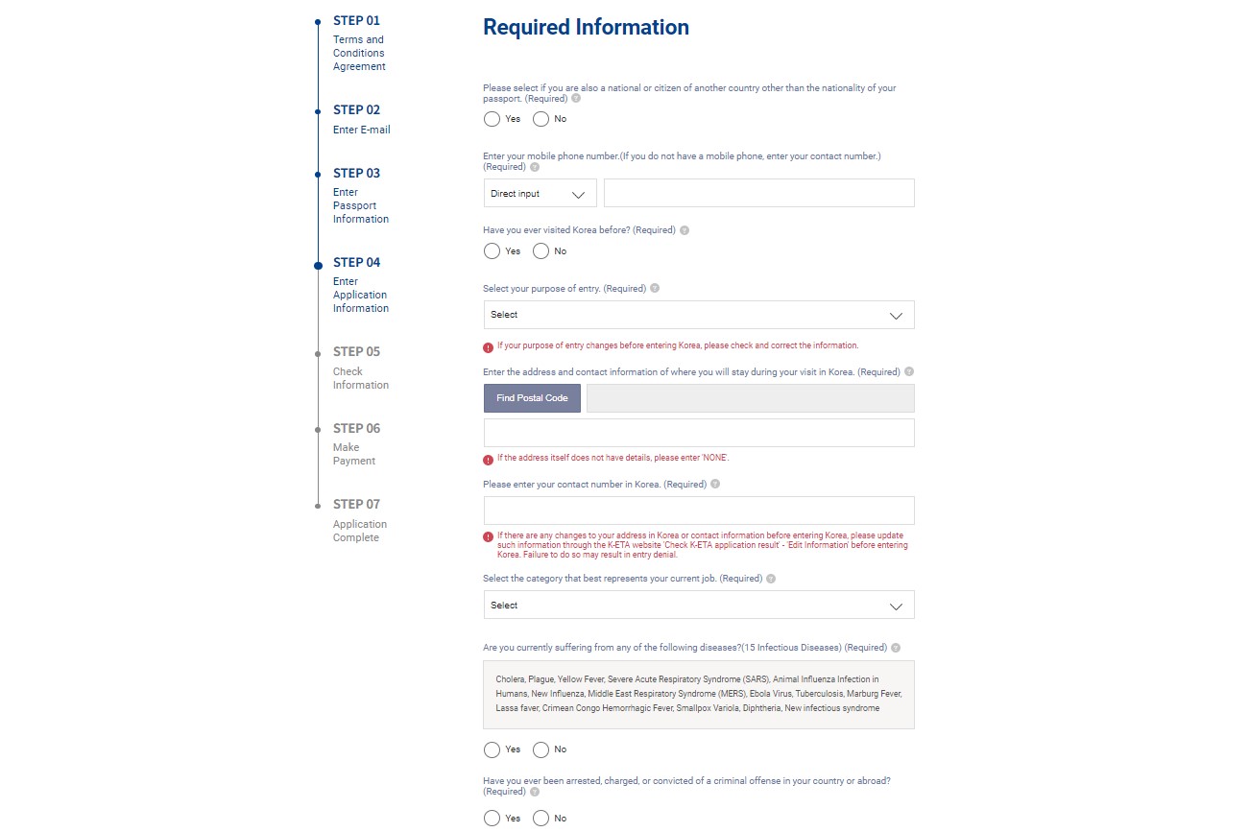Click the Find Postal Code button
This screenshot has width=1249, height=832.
(532, 398)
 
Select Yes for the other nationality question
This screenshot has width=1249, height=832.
(492, 119)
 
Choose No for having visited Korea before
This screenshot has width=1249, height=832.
(540, 251)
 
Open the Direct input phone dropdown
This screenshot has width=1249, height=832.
(540, 193)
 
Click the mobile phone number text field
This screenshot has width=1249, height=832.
(758, 193)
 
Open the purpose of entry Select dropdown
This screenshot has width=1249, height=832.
(698, 315)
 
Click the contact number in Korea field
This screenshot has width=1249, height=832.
(698, 511)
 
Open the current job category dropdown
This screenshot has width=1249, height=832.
(698, 606)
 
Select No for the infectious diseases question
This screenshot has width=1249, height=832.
(540, 749)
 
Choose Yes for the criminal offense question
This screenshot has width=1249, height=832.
(492, 819)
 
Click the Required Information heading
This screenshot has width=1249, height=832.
(586, 27)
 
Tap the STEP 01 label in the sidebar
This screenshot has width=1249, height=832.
(356, 20)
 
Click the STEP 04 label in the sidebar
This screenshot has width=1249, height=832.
(356, 262)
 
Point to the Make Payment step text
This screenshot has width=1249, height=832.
(354, 454)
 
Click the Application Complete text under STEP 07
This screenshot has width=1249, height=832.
(359, 531)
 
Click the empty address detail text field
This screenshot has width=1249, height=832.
(698, 433)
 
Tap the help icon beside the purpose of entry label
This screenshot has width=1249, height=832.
(655, 288)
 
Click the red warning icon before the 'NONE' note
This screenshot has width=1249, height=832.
(489, 459)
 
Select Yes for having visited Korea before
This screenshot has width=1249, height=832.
(492, 251)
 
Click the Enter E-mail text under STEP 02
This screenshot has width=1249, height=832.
(361, 130)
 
